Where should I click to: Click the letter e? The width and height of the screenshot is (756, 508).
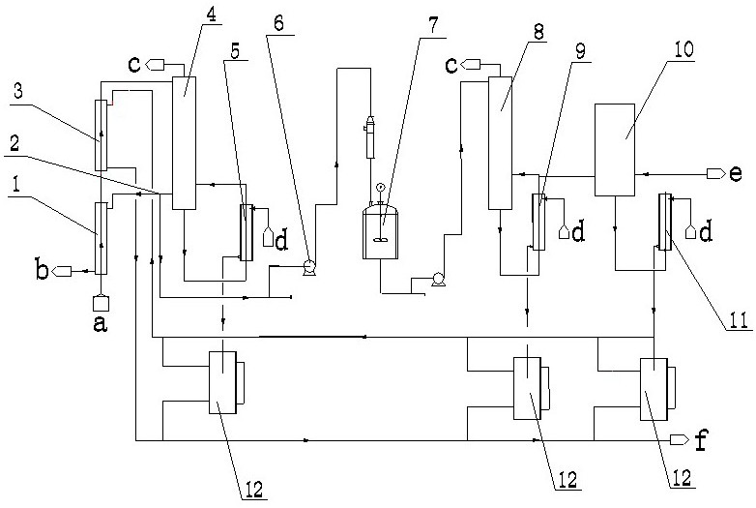point(736,173)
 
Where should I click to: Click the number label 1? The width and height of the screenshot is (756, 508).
point(16,182)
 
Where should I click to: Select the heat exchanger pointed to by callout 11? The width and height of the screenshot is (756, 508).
point(663,222)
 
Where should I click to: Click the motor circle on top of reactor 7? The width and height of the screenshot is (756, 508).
point(379,189)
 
